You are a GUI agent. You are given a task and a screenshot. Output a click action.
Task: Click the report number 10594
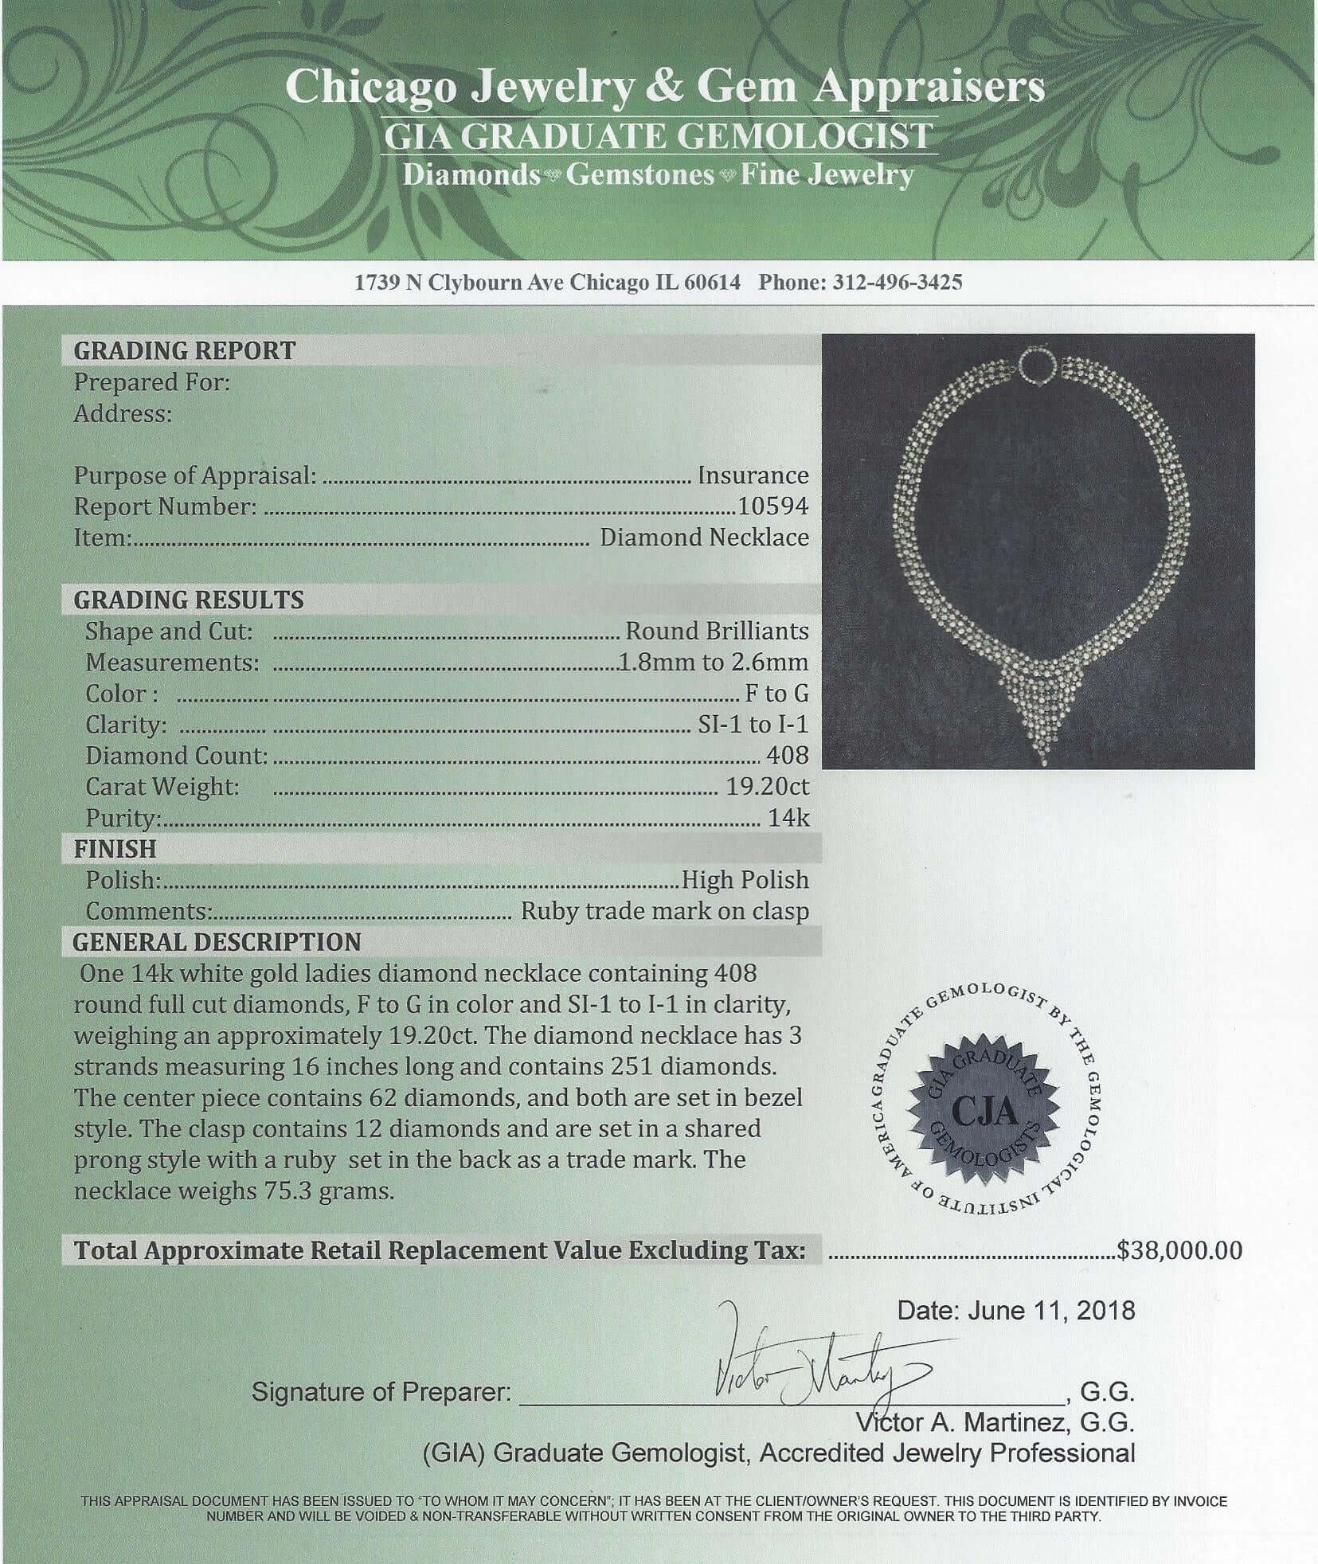[772, 506]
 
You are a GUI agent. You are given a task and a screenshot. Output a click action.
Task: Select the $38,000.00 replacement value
[1179, 1250]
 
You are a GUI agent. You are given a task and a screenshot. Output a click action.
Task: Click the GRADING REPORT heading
[184, 350]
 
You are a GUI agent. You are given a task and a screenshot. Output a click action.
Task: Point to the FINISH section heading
[115, 849]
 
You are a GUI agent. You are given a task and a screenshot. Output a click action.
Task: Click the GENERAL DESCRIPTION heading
[217, 942]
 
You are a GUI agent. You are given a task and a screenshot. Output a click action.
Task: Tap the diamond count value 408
[787, 755]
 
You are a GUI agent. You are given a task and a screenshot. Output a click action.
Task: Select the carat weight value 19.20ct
[767, 787]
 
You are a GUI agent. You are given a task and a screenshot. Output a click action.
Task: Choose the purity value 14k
[788, 818]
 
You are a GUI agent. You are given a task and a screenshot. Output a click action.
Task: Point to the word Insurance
[753, 475]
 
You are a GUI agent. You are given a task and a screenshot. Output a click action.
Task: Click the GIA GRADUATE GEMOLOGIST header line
[658, 136]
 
